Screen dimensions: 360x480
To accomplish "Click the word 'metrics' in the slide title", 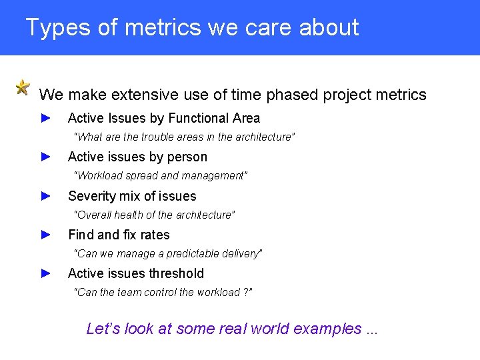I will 164,27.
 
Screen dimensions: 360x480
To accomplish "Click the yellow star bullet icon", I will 23,87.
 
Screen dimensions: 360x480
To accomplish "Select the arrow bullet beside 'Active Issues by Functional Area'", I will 46,118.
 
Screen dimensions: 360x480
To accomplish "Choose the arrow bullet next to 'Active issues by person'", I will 46,157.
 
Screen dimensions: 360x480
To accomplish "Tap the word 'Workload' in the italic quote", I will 99,175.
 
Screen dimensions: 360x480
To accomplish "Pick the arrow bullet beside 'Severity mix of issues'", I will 46,196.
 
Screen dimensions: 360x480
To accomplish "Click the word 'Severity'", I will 89,196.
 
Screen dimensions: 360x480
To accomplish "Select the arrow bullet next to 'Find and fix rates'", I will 46,235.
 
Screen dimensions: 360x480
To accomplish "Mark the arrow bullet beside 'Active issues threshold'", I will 46,273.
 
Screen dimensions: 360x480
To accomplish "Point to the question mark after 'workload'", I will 246,293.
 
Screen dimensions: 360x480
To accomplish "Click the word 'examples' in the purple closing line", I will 323,329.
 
